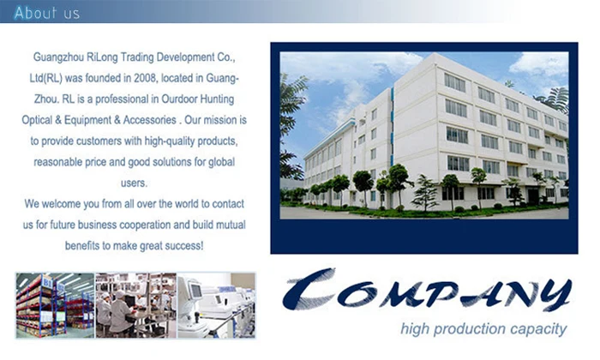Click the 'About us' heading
46,13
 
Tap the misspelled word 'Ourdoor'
179,99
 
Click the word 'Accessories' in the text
150,120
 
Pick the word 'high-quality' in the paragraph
165,141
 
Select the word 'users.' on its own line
134,183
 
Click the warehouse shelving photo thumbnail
55,305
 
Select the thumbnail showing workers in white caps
135,305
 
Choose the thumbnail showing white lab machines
216,305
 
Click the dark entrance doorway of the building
533,196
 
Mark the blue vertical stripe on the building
392,126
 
